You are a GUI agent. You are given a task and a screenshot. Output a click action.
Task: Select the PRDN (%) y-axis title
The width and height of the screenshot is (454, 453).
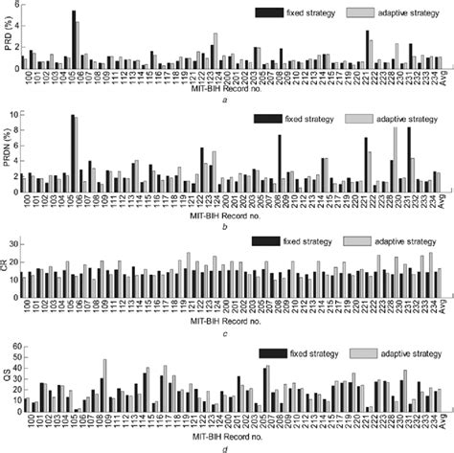point(8,150)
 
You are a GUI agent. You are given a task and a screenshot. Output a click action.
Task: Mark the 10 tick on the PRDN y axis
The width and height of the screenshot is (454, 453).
point(16,114)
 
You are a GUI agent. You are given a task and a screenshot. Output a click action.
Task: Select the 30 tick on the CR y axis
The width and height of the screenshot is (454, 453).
point(16,222)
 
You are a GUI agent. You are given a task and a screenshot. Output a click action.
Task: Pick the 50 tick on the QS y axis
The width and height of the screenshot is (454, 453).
point(16,331)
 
